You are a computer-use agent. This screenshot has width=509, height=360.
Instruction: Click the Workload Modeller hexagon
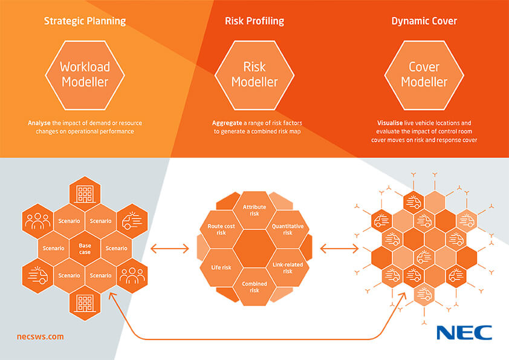[x=85, y=73]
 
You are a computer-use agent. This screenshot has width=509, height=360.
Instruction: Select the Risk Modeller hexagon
[x=254, y=73]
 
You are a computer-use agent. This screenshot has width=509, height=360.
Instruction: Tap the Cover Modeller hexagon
[x=424, y=73]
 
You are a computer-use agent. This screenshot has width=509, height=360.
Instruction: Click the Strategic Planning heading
[x=85, y=21]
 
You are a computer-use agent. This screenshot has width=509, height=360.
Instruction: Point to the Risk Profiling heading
[x=254, y=21]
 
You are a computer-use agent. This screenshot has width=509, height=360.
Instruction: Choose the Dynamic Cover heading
[x=424, y=21]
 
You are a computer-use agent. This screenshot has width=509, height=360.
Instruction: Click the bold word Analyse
[x=39, y=123]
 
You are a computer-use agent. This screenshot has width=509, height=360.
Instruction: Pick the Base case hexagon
[x=85, y=248]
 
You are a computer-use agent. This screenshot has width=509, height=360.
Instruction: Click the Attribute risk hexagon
[x=254, y=210]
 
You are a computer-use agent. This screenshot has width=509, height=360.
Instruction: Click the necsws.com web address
[x=40, y=336]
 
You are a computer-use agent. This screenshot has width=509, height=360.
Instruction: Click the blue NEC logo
[x=464, y=333]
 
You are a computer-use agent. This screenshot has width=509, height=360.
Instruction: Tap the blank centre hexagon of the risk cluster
[x=254, y=249]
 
